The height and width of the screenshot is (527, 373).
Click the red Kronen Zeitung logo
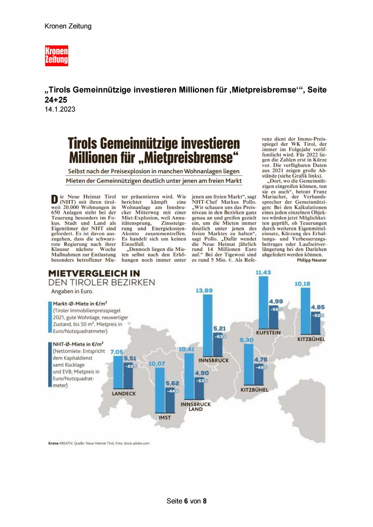tap(57, 56)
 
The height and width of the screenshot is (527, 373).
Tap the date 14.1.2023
tap(60, 109)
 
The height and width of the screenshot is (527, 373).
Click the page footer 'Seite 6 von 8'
tap(186, 501)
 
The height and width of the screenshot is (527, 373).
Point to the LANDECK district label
tap(124, 393)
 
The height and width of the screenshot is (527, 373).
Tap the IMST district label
tap(165, 417)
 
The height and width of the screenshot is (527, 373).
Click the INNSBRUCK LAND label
tap(196, 407)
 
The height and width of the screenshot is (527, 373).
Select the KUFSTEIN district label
tap(268, 333)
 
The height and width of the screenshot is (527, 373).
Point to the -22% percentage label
tap(131, 366)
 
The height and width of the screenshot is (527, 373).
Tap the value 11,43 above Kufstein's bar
tap(263, 272)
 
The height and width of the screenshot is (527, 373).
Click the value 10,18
tap(302, 284)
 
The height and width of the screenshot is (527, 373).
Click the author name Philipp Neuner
tap(312, 260)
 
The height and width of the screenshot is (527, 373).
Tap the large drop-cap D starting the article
tap(54, 200)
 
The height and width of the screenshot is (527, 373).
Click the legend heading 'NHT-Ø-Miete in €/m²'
tap(78, 344)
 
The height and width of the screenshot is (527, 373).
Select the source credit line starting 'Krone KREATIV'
tap(99, 443)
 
